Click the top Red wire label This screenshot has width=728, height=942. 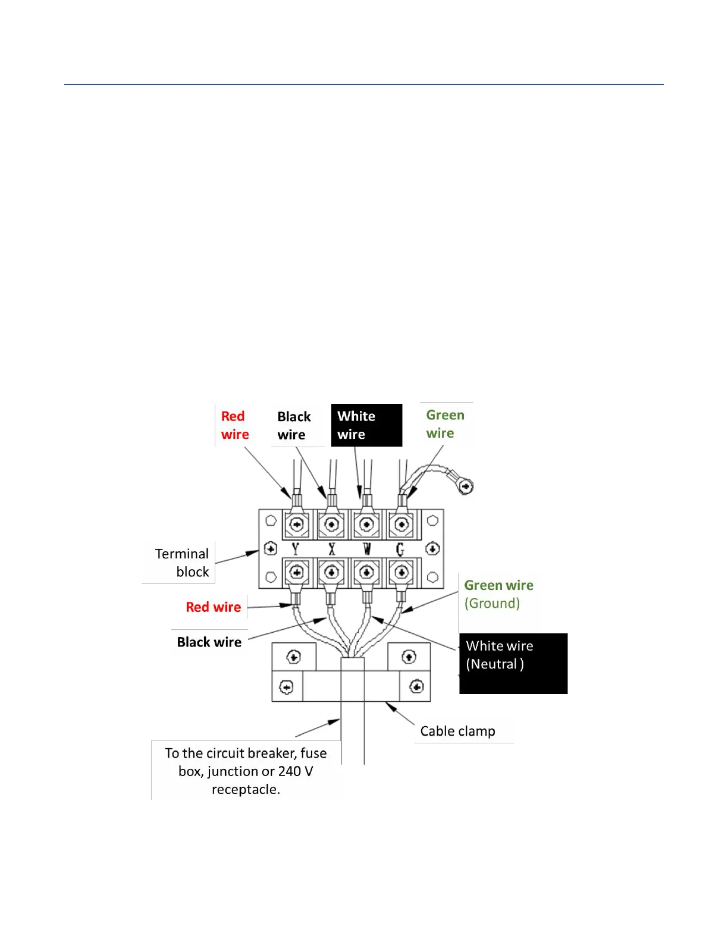(x=234, y=425)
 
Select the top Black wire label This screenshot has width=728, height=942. (x=294, y=426)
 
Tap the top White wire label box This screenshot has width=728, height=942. (x=366, y=425)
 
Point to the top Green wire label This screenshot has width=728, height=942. (x=445, y=424)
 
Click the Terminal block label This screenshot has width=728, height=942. (x=181, y=563)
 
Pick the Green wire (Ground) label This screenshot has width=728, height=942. (x=498, y=594)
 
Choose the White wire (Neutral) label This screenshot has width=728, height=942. (x=513, y=662)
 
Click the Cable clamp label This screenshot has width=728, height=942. (x=457, y=731)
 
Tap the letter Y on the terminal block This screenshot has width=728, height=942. (x=296, y=549)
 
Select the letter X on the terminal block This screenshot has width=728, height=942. (x=331, y=549)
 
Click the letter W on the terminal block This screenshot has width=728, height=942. (x=366, y=549)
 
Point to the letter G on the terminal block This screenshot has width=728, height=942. (x=400, y=549)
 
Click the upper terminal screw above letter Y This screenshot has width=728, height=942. (x=296, y=525)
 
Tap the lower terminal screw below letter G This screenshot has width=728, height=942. (x=401, y=573)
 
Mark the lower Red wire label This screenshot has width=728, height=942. (x=213, y=607)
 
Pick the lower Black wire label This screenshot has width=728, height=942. (x=209, y=642)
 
